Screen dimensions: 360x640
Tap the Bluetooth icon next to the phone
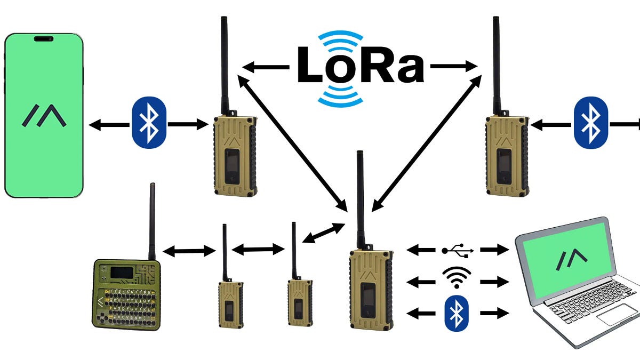tap(149, 122)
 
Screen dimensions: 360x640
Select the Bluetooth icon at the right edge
tap(590, 122)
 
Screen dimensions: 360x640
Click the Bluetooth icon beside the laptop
tap(456, 313)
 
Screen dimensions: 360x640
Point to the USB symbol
tap(456, 249)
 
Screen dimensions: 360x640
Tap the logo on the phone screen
tap(44, 115)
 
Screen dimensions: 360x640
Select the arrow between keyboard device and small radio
tap(189, 250)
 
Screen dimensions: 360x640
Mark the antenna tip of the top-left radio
tap(223, 20)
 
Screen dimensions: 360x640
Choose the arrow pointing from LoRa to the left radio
tap(266, 67)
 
